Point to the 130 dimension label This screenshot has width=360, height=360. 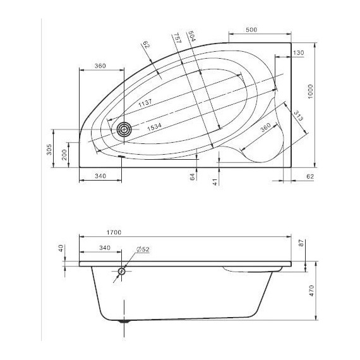299,52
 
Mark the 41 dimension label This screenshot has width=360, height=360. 215,182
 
